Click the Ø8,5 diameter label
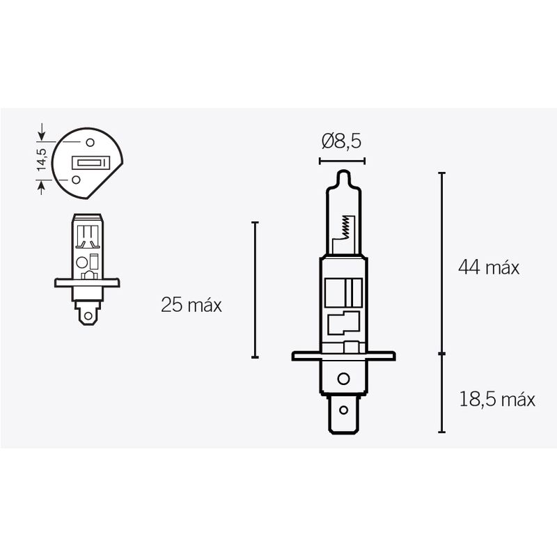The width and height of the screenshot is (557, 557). tap(341, 142)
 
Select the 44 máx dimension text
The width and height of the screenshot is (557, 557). tap(488, 267)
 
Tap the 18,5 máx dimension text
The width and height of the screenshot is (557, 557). tap(496, 400)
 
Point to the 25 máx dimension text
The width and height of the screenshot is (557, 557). tap(191, 305)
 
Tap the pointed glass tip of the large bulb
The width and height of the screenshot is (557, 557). tap(341, 175)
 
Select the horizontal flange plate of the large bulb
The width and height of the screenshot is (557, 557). tap(341, 356)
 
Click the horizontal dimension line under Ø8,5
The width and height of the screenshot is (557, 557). tap(341, 161)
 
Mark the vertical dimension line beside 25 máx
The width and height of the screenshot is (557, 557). tap(256, 290)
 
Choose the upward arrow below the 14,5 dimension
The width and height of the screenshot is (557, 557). tap(42, 185)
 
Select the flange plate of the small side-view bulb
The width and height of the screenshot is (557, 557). tap(87, 283)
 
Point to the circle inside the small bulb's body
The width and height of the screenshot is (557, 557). tap(81, 263)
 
